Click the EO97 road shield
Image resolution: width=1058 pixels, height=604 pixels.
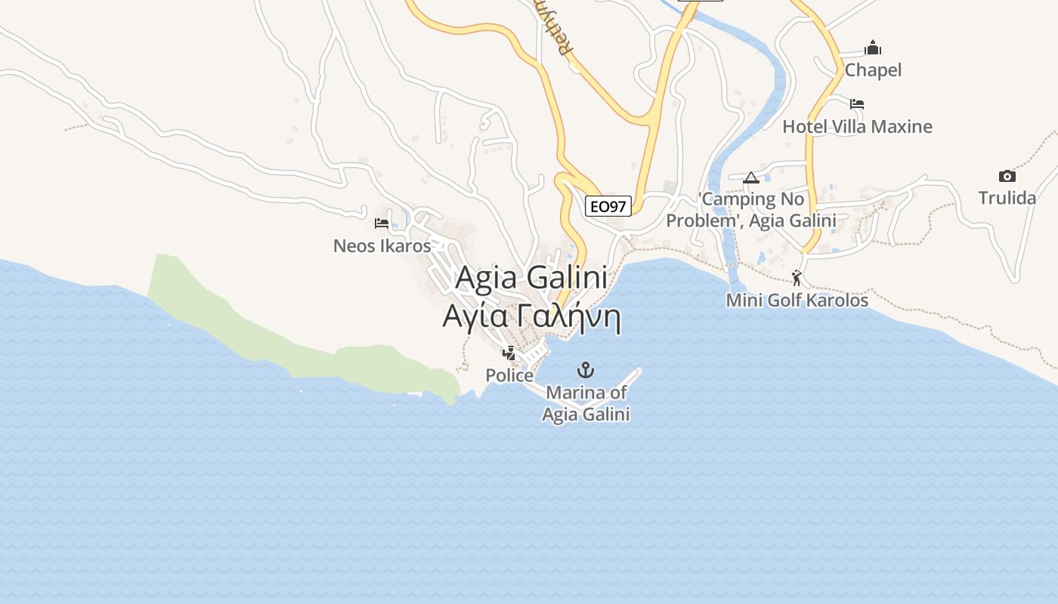[x=608, y=206]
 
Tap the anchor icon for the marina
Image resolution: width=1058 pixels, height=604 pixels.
[x=586, y=370]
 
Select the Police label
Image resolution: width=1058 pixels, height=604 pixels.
[x=509, y=375]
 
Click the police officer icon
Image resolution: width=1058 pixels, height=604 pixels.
[x=509, y=352]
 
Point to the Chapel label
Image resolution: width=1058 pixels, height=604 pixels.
[x=873, y=70]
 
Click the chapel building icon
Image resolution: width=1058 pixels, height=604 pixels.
[x=873, y=48]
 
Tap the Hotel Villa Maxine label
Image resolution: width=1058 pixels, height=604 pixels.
[x=857, y=126]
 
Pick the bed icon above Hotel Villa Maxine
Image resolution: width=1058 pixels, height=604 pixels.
[x=856, y=103]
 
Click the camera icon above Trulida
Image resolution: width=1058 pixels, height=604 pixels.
[x=1007, y=176]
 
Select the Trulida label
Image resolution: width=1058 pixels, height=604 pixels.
[x=1007, y=198]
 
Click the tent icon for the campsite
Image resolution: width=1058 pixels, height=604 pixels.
[x=750, y=178]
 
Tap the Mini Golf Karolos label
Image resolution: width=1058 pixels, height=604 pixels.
[x=797, y=300]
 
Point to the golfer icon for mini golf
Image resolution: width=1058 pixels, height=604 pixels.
[x=797, y=277]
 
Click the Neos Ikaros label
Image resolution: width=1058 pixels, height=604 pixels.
[x=382, y=245]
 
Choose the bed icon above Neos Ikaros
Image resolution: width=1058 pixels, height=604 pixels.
[x=382, y=223]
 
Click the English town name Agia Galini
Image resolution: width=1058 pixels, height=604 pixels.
[x=531, y=278]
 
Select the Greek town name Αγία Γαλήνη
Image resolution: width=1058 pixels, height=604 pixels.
[x=531, y=316]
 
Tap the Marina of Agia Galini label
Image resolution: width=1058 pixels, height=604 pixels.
[x=586, y=403]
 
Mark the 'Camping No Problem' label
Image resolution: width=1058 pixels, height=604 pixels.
[x=750, y=210]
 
